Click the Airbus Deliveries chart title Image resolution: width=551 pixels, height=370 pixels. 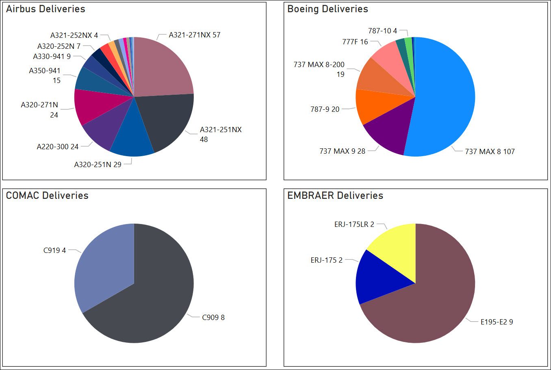tap(46, 9)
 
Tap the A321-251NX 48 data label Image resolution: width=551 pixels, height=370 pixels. tap(220, 135)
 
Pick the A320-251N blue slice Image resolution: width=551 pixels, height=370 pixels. tap(132, 140)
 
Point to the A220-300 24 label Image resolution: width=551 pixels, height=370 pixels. tap(57, 147)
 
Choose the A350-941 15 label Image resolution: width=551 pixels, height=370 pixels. tap(45, 76)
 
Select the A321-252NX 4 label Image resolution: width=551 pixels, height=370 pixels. tap(74, 35)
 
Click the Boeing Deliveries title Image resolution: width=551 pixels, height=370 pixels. tap(328, 9)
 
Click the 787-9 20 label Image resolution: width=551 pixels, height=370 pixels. tap(325, 109)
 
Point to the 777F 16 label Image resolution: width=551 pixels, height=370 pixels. tap(355, 42)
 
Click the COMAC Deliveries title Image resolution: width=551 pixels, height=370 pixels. tap(47, 196)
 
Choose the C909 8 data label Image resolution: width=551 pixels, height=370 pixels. tap(213, 318)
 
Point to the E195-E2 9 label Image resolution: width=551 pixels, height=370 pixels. tap(497, 322)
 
